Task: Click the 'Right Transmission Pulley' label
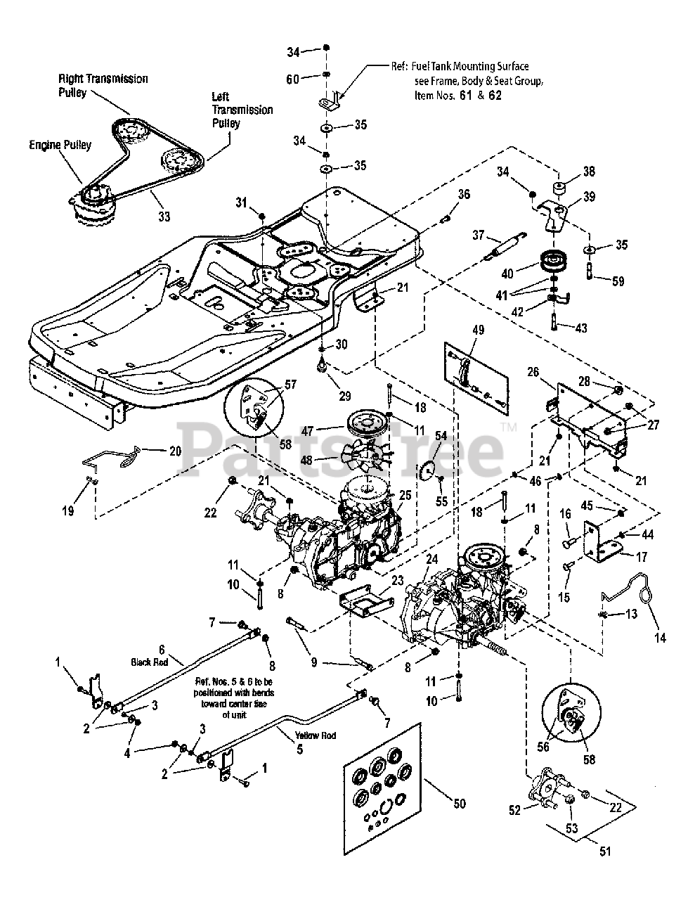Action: point(103,85)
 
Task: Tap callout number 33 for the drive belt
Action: point(163,217)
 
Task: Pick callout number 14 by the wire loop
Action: point(661,638)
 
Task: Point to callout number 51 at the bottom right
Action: point(604,851)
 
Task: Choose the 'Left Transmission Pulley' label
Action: point(242,110)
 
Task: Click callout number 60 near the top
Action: point(292,79)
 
